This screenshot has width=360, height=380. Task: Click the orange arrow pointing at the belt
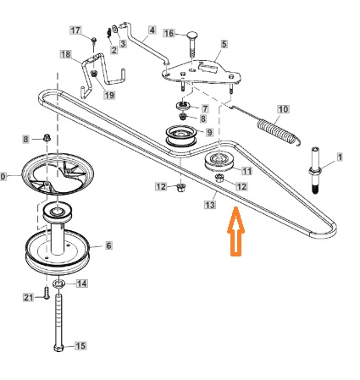(x=235, y=231)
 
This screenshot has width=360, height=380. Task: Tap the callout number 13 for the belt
(x=210, y=205)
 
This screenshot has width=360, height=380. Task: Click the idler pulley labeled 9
(x=181, y=136)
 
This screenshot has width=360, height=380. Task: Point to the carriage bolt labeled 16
(x=192, y=44)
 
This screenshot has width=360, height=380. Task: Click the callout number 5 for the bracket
(x=224, y=44)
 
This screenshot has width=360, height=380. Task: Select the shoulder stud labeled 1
(x=315, y=170)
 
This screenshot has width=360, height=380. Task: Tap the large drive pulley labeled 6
(x=58, y=252)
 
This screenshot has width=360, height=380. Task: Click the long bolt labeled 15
(x=58, y=322)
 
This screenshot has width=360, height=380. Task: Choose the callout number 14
(x=81, y=284)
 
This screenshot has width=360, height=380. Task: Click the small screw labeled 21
(x=47, y=293)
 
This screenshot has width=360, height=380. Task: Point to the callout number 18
(x=66, y=54)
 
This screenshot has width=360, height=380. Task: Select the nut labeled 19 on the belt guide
(x=94, y=74)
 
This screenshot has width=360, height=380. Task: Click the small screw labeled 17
(x=94, y=41)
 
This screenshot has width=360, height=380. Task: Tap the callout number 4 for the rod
(x=152, y=30)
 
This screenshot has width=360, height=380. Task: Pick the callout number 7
(x=205, y=108)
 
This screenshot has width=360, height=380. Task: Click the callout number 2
(x=114, y=50)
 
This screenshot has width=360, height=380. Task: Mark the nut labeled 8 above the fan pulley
(x=47, y=138)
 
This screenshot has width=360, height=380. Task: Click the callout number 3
(x=123, y=44)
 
